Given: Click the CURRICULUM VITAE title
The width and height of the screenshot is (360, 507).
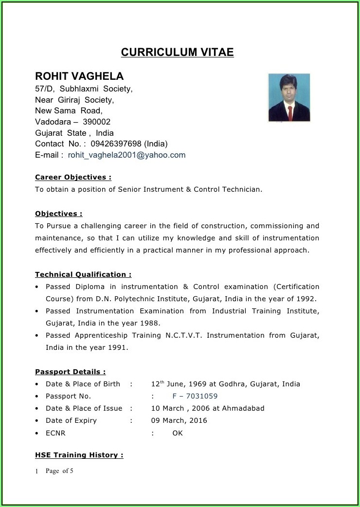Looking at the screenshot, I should pos(177,52).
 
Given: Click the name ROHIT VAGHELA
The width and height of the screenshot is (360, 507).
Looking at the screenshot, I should pos(79,76).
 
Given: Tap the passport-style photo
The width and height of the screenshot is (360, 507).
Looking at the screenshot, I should pos(289,97).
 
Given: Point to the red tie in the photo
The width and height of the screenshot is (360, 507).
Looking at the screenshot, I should pos(290,113).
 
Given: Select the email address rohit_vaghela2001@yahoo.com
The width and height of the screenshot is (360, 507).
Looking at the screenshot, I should pos(126,155).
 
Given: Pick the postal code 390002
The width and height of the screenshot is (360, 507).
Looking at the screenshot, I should pos(96,122).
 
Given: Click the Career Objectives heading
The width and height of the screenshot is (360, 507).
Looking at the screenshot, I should pos(73,177).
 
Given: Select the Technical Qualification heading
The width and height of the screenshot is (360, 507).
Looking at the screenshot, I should pos(83,274).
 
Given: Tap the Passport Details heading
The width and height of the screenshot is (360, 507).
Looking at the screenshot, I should pos(70,372).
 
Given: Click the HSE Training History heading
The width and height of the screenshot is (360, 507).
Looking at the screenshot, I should pos(79,455).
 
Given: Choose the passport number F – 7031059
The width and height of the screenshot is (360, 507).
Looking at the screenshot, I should pos(195,396).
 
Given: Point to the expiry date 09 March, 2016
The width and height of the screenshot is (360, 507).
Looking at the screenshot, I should pos(179,420).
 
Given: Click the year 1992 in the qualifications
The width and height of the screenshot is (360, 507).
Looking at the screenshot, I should pos(306,299).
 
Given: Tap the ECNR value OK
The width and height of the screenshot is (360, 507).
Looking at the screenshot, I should pos(178,433).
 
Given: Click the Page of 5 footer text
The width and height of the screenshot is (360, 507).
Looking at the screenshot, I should pos(59,471).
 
